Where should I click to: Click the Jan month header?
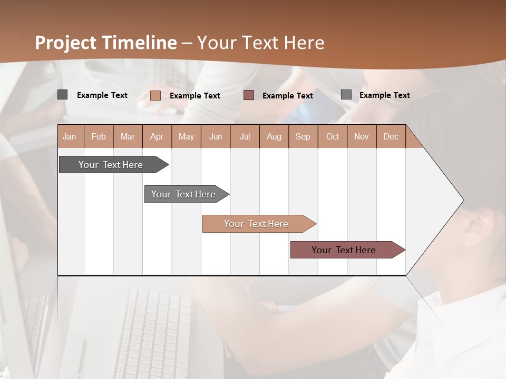(x=70, y=136)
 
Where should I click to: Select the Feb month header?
(x=99, y=136)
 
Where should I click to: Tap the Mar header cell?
(x=128, y=136)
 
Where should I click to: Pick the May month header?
(x=186, y=136)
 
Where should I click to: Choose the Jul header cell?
(x=245, y=136)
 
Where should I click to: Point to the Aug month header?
(x=274, y=136)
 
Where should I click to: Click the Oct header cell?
(x=333, y=136)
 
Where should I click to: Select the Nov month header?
(x=362, y=136)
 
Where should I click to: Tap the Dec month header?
(x=391, y=136)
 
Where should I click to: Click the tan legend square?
(x=155, y=95)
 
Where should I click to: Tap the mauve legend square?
(x=249, y=95)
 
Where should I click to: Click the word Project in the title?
(x=66, y=43)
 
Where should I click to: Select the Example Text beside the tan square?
(x=195, y=96)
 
